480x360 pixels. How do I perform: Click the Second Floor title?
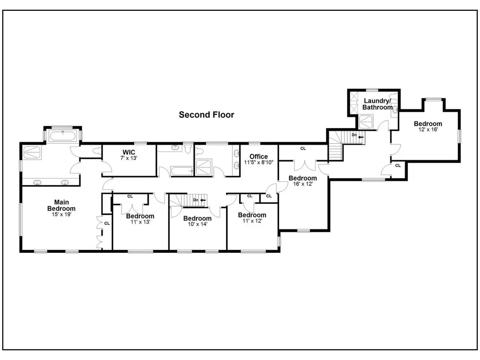click(206, 115)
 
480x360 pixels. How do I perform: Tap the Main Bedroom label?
click(61, 205)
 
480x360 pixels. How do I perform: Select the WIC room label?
click(129, 152)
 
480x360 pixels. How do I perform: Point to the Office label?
click(259, 156)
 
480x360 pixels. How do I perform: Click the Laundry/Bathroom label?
click(377, 104)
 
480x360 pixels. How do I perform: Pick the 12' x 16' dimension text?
click(428, 130)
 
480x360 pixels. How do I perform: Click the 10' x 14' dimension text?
click(197, 224)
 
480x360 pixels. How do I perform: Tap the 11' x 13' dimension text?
click(140, 222)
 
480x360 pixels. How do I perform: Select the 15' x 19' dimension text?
click(61, 215)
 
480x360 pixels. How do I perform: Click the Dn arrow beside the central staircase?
click(203, 200)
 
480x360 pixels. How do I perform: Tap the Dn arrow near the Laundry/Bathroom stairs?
click(361, 137)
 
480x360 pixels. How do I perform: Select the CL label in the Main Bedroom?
click(107, 223)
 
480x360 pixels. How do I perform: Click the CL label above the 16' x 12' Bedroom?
click(303, 148)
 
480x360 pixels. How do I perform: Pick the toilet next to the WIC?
click(97, 151)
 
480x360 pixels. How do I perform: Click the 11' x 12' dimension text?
click(252, 221)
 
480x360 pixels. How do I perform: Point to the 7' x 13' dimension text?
click(129, 158)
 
